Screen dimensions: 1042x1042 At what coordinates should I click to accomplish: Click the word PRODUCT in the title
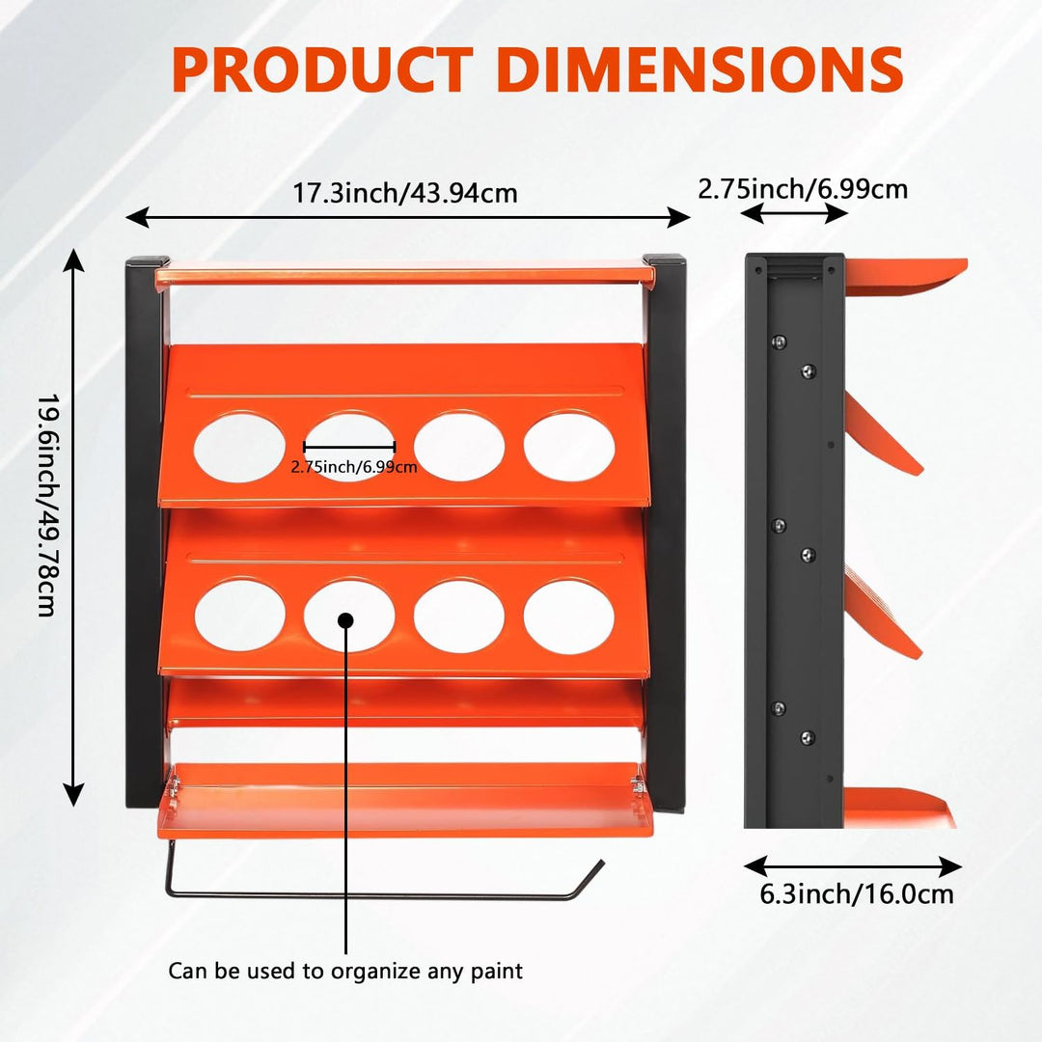coord(322,69)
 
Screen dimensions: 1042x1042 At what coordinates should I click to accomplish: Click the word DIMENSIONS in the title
coord(699,69)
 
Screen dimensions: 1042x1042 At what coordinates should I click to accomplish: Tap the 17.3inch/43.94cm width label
coord(405,193)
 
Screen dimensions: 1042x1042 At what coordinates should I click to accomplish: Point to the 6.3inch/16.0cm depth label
coord(857,893)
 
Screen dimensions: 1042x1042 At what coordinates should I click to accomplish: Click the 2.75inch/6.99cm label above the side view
coord(803,189)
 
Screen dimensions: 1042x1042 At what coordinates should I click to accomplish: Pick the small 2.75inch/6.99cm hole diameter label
coord(354,467)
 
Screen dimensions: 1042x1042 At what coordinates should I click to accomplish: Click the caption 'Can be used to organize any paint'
coord(345,971)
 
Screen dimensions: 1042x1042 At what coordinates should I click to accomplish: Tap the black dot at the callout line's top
coord(345,620)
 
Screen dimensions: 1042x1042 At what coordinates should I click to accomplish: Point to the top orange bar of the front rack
coord(404,274)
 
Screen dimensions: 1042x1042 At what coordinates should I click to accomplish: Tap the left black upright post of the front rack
coord(144,532)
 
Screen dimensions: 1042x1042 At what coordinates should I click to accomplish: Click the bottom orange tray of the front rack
coord(405,800)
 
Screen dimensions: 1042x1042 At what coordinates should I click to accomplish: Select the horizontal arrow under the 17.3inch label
coord(407,217)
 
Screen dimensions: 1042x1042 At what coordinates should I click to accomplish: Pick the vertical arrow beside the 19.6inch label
coord(73,528)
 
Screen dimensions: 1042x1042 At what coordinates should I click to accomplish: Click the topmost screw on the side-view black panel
coord(779,343)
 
